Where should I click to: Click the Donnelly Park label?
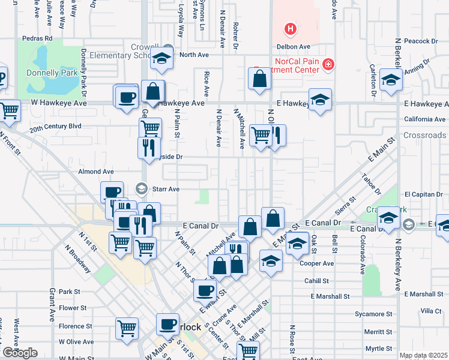coord(51,74)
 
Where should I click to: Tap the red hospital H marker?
coord(291,28)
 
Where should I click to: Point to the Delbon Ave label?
coord(293,46)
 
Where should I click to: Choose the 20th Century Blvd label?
coord(55,127)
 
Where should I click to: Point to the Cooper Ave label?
coord(319,263)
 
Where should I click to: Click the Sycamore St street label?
coord(373,314)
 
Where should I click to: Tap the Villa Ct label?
coord(430,311)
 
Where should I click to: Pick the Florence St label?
coord(75,326)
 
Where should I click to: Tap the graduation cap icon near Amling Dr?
coord(391,81)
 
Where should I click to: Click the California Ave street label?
coord(424,119)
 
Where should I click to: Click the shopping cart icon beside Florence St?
coord(127,329)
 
